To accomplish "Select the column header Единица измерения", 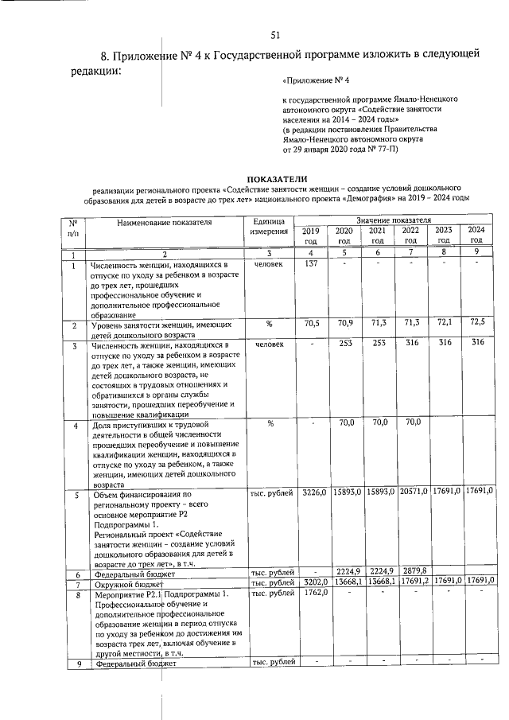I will pos(270,226).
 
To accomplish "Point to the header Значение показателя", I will pos(394,219).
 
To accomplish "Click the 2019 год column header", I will pos(311,235).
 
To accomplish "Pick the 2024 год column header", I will pos(476,235).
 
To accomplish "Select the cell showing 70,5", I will pos(311,324).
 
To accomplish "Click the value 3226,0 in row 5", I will pos(313,493).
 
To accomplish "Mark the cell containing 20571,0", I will pos(410,493).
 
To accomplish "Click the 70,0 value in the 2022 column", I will pos(410,422).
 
